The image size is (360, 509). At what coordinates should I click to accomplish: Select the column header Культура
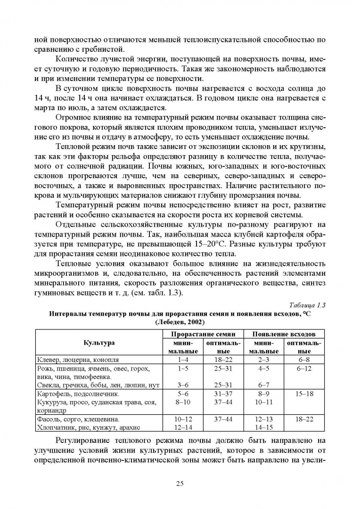tap(99, 343)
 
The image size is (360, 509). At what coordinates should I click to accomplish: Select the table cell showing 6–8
tap(305, 360)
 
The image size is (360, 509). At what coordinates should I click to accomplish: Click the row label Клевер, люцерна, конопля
tap(78, 360)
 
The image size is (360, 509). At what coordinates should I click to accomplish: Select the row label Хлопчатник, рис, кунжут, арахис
tap(89, 427)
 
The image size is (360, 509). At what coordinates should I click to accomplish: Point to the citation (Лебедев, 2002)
tap(180, 322)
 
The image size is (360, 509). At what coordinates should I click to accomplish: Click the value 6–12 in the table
tap(305, 368)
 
